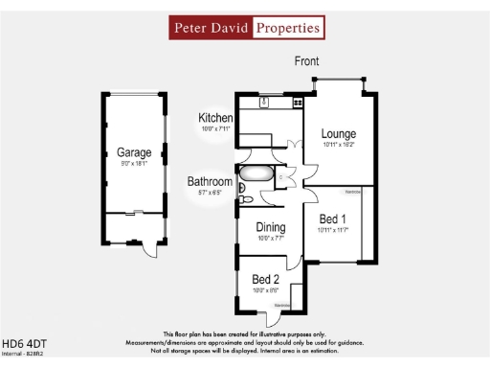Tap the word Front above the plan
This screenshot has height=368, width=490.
coord(306,61)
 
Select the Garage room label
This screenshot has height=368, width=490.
coord(134,151)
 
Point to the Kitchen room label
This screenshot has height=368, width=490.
coord(215,118)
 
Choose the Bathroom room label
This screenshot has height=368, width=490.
coord(209,181)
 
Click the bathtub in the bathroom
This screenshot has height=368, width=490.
coord(256,175)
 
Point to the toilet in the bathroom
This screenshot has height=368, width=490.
coord(244,199)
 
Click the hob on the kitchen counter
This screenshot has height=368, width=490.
coord(298,103)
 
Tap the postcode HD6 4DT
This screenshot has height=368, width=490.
coord(24,343)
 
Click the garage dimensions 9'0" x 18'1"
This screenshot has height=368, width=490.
coord(134,164)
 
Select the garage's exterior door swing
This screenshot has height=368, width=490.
coord(145,249)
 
